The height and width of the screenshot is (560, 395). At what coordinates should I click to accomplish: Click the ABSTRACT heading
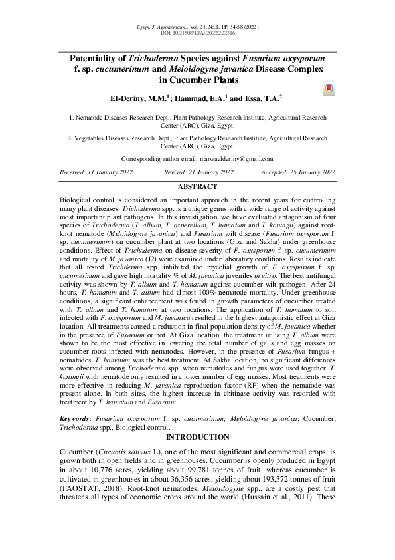[197, 187]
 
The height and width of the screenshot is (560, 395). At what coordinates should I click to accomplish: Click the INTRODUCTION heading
[197, 437]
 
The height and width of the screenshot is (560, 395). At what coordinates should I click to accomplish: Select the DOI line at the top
[197, 32]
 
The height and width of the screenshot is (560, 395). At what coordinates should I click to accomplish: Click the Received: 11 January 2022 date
[96, 172]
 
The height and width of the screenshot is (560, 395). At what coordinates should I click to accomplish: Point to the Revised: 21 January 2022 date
[198, 172]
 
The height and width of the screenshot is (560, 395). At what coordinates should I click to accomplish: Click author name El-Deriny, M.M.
[135, 98]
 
